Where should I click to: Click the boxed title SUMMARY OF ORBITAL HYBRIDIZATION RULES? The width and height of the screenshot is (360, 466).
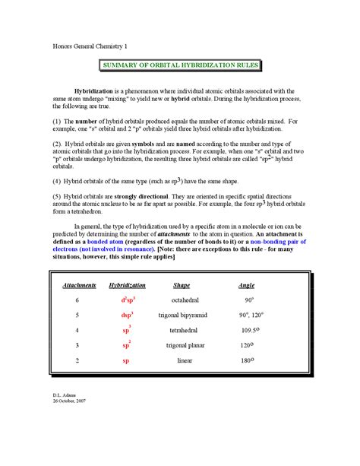(x=181, y=65)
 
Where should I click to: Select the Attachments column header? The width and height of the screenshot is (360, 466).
(x=79, y=285)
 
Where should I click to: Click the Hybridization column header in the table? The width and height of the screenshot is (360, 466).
(x=128, y=285)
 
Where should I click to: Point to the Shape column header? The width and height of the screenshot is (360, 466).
(x=182, y=285)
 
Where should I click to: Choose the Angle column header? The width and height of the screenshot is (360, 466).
(x=246, y=285)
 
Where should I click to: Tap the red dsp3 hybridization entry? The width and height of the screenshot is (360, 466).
(x=127, y=315)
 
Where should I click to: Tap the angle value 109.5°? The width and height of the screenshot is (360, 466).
(x=248, y=330)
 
